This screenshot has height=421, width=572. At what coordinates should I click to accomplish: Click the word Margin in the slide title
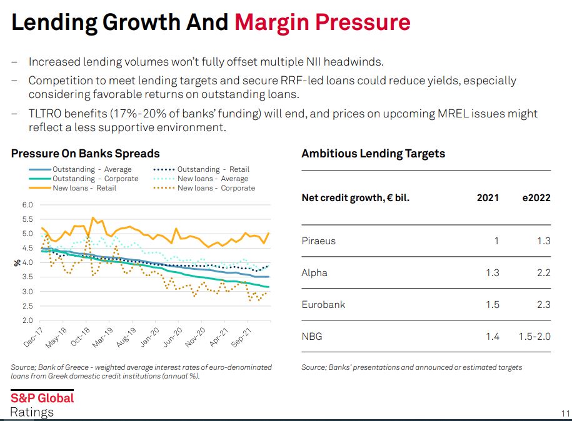(274, 22)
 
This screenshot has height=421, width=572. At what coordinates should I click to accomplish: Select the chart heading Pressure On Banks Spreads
(86, 154)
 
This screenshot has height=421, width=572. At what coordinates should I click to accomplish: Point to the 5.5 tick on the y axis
(28, 219)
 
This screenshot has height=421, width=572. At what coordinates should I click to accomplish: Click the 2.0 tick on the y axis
(28, 320)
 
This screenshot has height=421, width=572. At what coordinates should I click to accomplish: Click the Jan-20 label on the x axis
(150, 338)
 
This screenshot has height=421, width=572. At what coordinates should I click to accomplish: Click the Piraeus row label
(318, 241)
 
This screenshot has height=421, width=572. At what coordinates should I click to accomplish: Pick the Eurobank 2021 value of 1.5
(492, 305)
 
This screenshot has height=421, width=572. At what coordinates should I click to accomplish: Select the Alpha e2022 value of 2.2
(543, 273)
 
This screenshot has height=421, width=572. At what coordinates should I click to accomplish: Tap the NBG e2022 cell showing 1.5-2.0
(534, 337)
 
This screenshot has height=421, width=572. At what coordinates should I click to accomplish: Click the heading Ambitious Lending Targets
(373, 154)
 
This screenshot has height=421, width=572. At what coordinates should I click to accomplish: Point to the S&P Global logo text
(42, 398)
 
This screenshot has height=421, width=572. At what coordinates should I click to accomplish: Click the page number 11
(565, 414)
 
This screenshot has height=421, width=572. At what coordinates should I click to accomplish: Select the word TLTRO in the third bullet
(47, 114)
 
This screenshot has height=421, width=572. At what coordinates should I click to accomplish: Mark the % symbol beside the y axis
(17, 262)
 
